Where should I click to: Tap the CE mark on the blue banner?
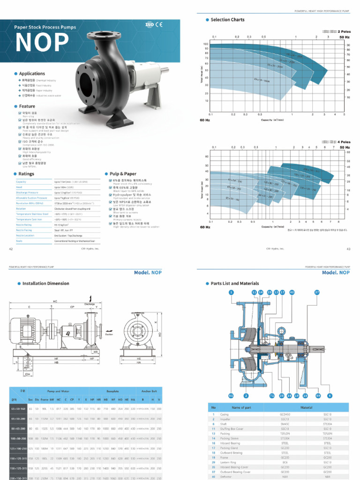159,24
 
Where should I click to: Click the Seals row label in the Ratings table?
19,240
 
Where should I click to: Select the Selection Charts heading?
227,20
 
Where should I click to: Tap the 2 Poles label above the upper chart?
344,31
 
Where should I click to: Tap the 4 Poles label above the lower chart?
344,142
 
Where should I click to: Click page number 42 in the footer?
11,249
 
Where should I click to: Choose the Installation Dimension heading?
45,284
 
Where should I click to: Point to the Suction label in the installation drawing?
109,334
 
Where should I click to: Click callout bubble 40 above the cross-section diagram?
292,292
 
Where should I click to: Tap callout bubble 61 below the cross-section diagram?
231,396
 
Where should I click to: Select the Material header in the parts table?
306,407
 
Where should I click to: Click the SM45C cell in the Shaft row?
285,424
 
